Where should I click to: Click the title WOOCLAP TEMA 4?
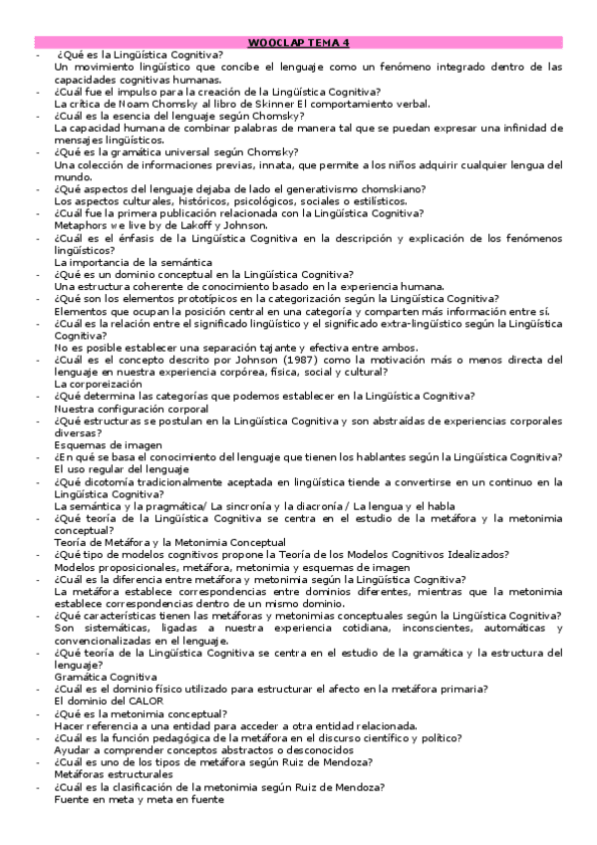(x=299, y=43)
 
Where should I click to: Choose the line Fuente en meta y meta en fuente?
(x=139, y=798)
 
